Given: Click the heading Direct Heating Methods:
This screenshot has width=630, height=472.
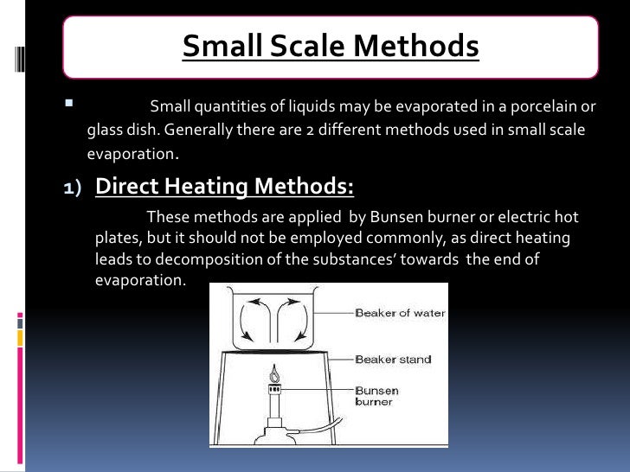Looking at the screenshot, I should (224, 186).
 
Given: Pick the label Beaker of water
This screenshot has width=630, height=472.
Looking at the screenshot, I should (400, 313).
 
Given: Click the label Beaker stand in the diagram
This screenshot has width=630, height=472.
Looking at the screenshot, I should (392, 359).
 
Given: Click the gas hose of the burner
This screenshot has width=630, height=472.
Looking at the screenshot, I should (327, 424).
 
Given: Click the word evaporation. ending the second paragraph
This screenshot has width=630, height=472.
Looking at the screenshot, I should (139, 281).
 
